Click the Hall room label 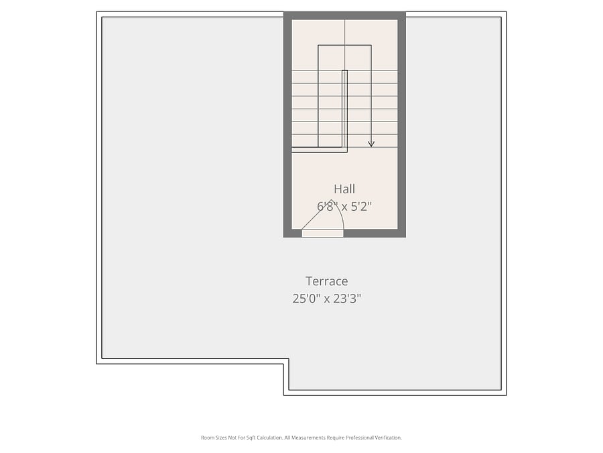(344, 189)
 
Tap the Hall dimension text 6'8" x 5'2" (344, 207)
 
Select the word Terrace (326, 281)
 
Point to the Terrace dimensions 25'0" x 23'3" (326, 299)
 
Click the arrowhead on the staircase (371, 144)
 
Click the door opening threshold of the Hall (322, 233)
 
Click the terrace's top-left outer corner (96, 11)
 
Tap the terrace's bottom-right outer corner (507, 395)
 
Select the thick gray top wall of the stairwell (344, 15)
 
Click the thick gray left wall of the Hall (287, 124)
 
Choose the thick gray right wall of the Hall (401, 124)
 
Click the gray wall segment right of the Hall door (375, 233)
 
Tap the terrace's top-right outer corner (507, 11)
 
